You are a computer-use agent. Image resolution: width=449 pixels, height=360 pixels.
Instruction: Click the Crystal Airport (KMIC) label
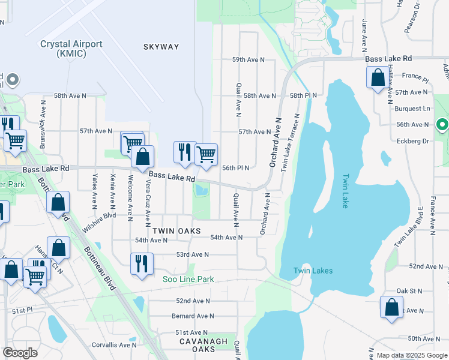pos(71,49)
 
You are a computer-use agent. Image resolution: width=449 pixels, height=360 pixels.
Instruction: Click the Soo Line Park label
pos(188,279)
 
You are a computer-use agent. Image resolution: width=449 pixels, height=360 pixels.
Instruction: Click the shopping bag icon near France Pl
pos(378,78)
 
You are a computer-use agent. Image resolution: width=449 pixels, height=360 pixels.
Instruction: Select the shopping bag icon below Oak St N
pos(391,307)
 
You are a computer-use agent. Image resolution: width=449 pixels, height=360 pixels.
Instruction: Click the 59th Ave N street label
pos(249,59)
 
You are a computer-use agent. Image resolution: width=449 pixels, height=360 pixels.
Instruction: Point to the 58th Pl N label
pos(303,95)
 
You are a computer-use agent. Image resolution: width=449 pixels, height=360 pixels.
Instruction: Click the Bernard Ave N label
pos(193,316)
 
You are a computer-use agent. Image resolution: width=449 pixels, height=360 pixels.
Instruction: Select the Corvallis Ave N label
pos(115,345)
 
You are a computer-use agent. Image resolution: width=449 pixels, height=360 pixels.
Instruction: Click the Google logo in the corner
pos(20,353)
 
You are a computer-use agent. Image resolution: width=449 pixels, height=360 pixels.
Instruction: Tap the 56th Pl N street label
pos(235,168)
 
